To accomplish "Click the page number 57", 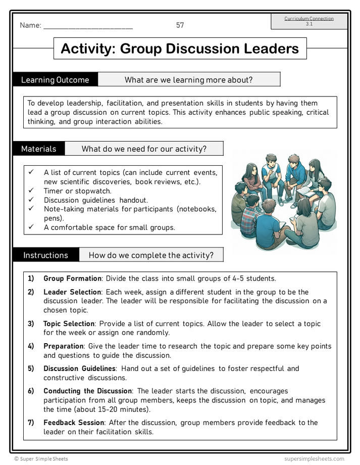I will click(x=180, y=25).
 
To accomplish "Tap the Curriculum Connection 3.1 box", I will click(x=309, y=21).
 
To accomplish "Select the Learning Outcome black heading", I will click(x=55, y=80).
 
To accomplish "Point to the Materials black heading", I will click(x=39, y=149).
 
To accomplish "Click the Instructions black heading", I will click(x=45, y=255).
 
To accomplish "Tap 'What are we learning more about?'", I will click(x=188, y=80).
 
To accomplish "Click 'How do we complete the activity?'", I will click(x=151, y=255).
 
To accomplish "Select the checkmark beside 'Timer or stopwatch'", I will click(x=31, y=191).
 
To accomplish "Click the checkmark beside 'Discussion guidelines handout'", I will click(x=31, y=200).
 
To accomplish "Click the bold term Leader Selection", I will click(x=72, y=292).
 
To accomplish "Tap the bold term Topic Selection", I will click(x=69, y=323).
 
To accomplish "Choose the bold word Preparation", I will click(x=63, y=346).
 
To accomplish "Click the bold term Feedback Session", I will click(x=74, y=423).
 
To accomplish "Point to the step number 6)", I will click(x=31, y=391).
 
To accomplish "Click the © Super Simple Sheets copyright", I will click(x=41, y=459).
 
